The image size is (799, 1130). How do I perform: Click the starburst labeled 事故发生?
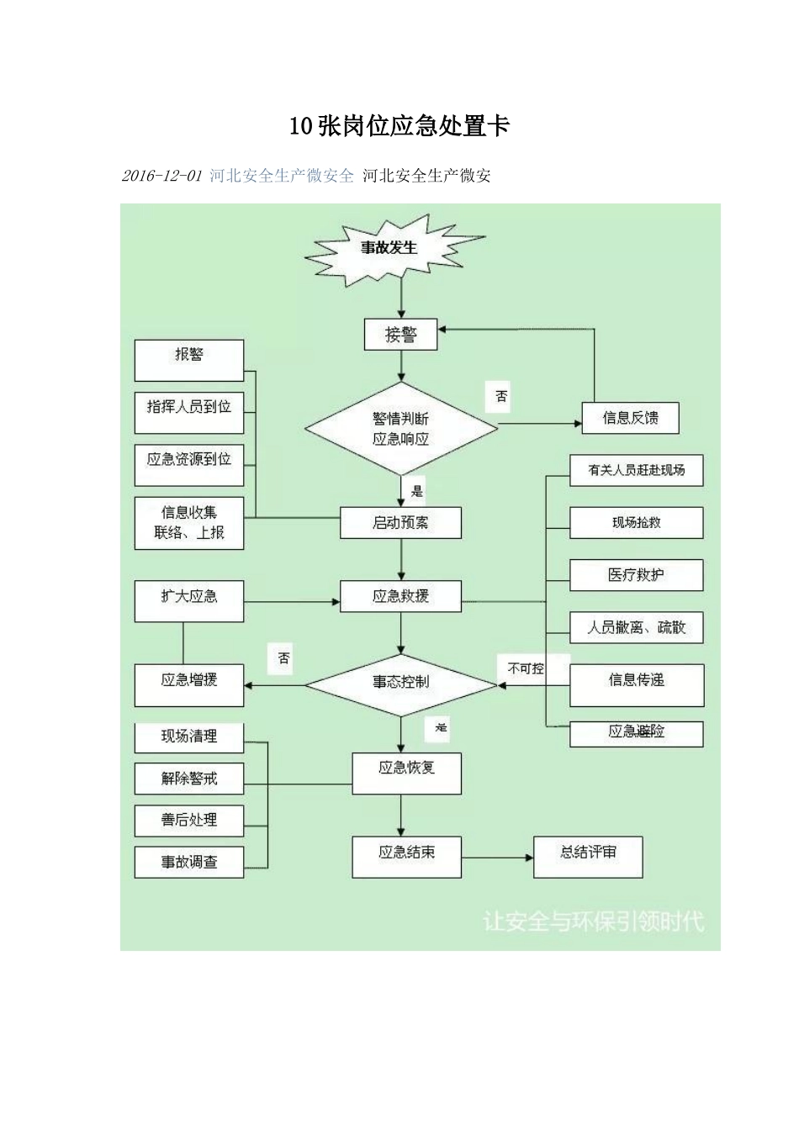[389, 249]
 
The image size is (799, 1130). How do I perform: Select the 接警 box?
[401, 335]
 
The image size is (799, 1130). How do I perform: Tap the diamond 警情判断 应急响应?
[401, 428]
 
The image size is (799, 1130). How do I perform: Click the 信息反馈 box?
[630, 418]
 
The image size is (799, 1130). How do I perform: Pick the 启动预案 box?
[401, 522]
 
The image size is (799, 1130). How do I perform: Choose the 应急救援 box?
[401, 596]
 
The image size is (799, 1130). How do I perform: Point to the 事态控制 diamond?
[401, 684]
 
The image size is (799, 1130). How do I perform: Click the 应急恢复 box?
[406, 773]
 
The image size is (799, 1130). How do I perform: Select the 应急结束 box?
[406, 857]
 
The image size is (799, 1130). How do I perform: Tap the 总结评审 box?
[588, 857]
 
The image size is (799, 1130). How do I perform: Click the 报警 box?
[189, 360]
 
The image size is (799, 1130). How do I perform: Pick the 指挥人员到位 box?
[189, 411]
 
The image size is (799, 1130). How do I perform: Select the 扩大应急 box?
[189, 600]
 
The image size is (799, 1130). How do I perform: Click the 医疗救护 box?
[636, 575]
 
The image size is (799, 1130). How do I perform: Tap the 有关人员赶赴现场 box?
[636, 471]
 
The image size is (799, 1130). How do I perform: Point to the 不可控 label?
[526, 668]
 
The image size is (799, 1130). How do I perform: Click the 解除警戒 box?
[189, 779]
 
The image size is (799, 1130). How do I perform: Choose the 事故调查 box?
[189, 862]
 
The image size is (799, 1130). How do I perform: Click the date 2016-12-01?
[162, 176]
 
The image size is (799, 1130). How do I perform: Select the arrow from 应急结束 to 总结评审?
[497, 858]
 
